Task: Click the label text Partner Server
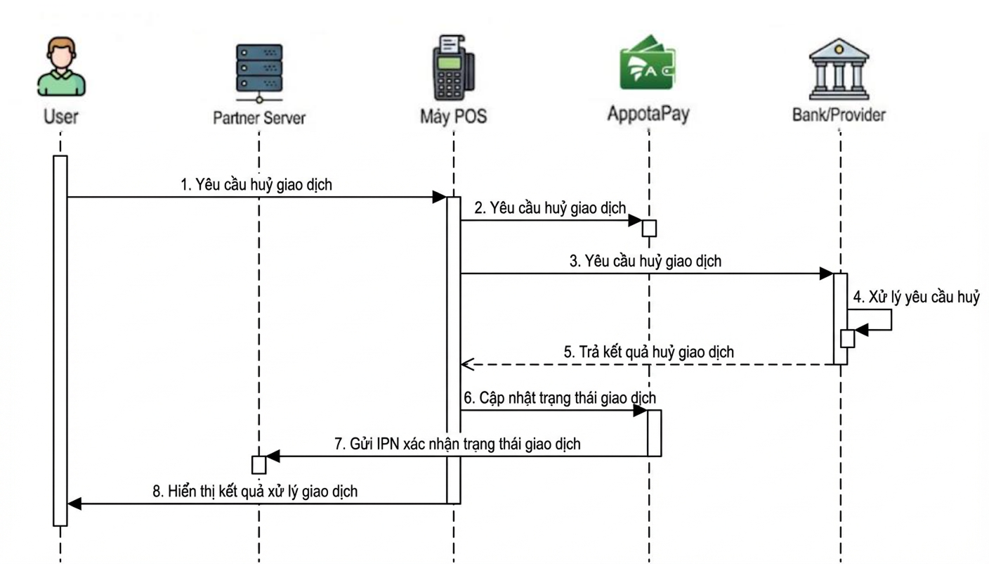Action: click(x=259, y=117)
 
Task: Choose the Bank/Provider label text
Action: click(x=839, y=115)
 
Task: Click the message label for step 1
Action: click(x=256, y=185)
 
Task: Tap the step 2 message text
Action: click(x=550, y=207)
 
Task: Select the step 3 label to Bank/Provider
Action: click(x=646, y=261)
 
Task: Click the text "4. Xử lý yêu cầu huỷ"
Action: click(x=916, y=297)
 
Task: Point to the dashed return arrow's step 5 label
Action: click(x=649, y=352)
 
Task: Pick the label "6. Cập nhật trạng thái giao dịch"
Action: click(x=560, y=398)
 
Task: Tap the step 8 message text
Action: click(x=255, y=492)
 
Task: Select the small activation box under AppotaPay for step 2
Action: click(x=649, y=229)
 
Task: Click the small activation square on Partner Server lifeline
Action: click(x=259, y=465)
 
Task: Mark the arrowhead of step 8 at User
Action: click(x=74, y=504)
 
